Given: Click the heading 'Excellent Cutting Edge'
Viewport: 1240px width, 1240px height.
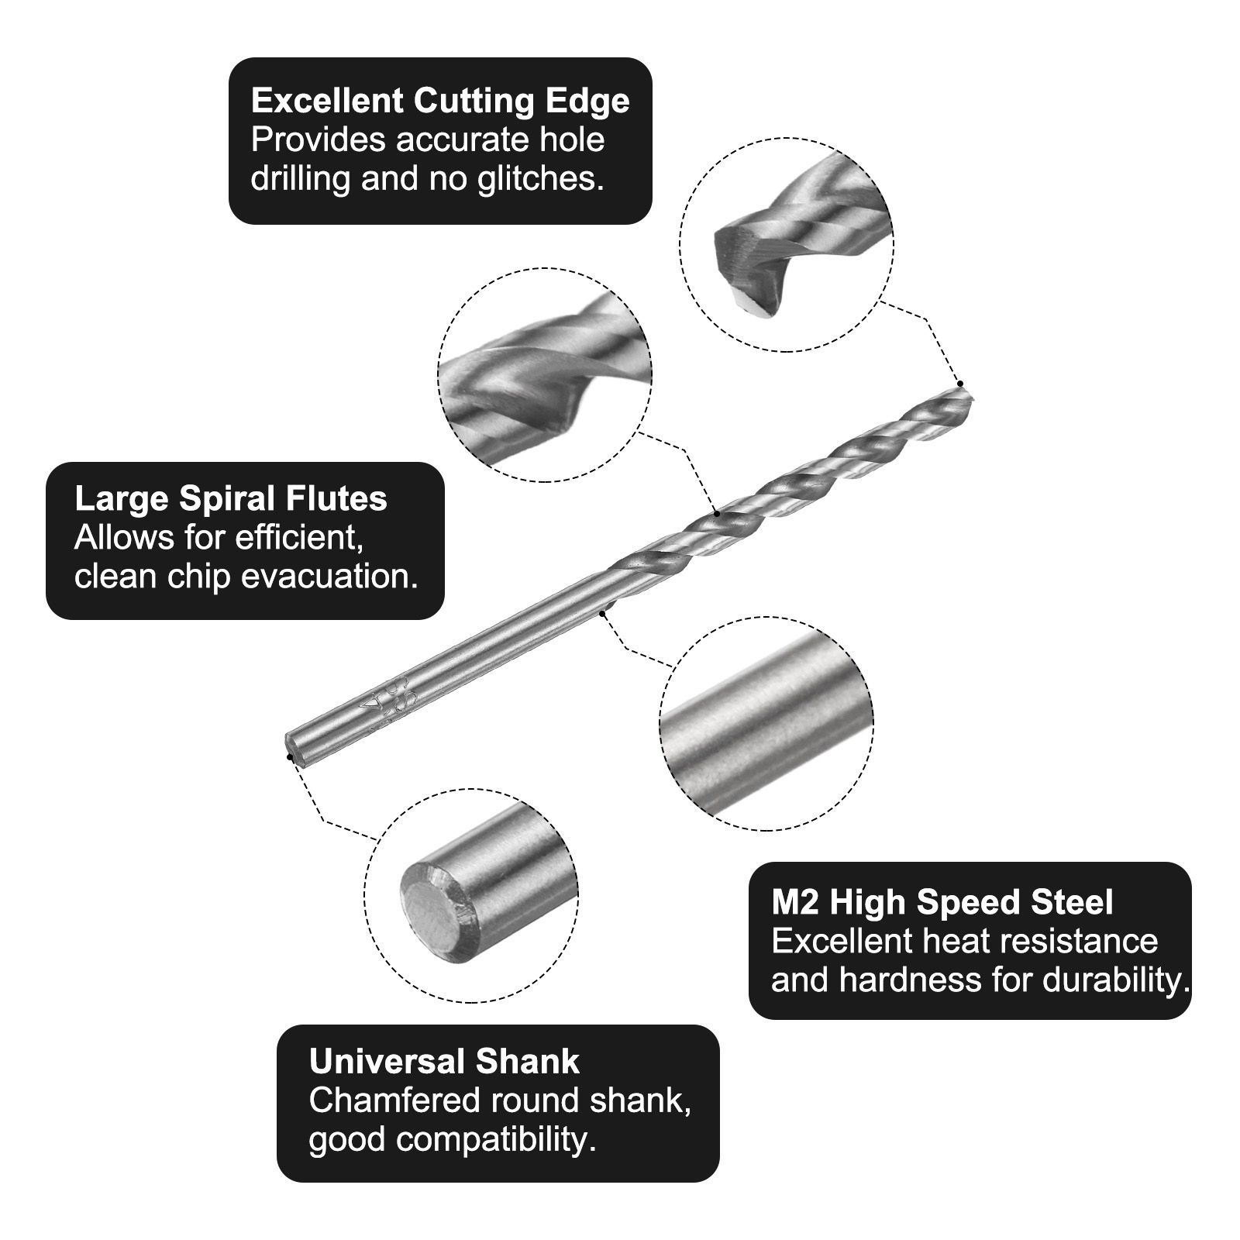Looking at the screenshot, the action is [x=440, y=102].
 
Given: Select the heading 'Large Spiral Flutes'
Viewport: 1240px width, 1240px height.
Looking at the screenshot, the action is [x=231, y=499].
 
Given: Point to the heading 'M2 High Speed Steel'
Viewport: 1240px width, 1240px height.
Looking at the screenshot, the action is [x=942, y=903].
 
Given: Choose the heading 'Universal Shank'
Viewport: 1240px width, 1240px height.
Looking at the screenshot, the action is [x=444, y=1062].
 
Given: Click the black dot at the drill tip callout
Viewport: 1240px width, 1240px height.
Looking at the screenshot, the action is [x=960, y=384].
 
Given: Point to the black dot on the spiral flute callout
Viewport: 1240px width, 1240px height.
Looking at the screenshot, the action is [x=718, y=514].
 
